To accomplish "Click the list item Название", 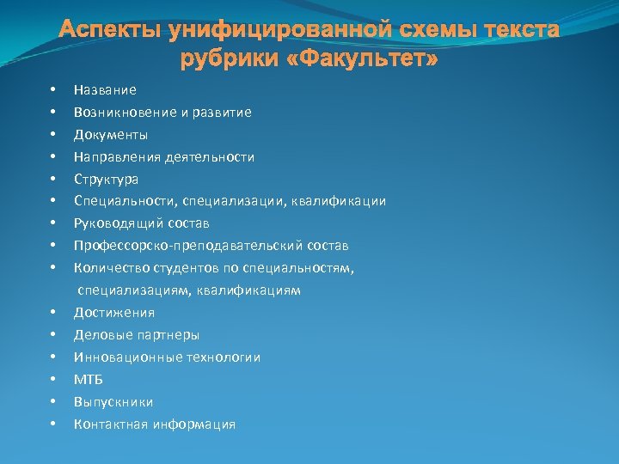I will [105, 89].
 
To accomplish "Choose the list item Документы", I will [111, 134].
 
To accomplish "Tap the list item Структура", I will [106, 179].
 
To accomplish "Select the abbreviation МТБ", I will [88, 379].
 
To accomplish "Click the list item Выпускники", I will [113, 401].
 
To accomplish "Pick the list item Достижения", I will [114, 312].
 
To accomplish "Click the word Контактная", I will [110, 424].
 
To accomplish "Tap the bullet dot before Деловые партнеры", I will [53, 334].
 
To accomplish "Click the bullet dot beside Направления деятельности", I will [53, 156].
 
